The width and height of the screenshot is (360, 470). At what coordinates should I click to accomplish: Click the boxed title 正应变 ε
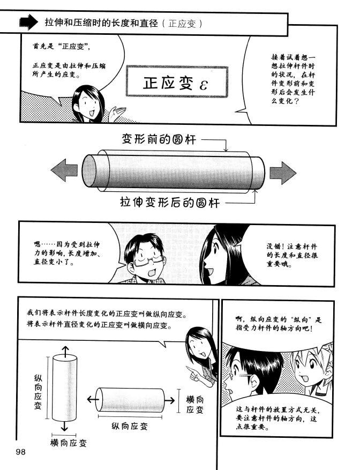tap(177, 81)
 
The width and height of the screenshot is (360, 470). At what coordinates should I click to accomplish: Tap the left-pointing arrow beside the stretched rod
tap(64, 171)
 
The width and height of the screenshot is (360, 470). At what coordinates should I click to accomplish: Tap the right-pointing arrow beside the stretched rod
tap(283, 173)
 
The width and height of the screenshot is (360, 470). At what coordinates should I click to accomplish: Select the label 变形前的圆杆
tap(159, 139)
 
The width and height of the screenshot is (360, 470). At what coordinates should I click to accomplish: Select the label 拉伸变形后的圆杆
tap(170, 203)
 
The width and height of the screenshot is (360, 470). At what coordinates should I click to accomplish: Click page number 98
tap(21, 452)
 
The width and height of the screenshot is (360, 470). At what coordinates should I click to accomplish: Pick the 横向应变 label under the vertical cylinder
tap(69, 443)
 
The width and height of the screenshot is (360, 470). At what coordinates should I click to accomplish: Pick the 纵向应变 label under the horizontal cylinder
tap(130, 426)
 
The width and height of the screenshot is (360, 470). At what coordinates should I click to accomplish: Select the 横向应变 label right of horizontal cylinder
tap(195, 405)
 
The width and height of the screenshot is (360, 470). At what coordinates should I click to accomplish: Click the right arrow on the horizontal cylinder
tap(169, 400)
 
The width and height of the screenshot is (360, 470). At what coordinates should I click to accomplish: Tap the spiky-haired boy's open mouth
tap(305, 378)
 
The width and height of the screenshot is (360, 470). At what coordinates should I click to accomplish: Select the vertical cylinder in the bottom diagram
tap(64, 388)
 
